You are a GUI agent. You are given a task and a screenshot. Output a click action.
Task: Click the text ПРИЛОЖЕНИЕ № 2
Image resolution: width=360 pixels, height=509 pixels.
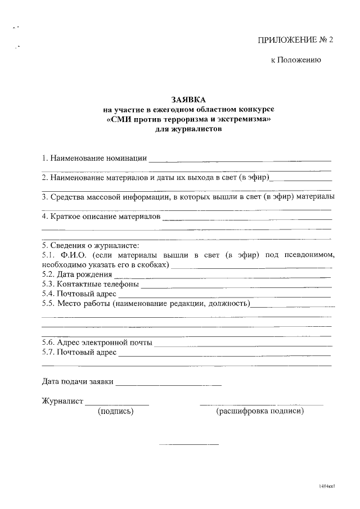(295, 40)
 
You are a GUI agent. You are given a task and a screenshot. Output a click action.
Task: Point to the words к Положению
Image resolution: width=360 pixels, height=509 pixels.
(296, 60)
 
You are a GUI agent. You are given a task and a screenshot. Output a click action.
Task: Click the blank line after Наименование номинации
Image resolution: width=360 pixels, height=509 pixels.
(240, 160)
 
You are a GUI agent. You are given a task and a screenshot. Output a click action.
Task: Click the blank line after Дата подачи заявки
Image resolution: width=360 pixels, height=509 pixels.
(169, 385)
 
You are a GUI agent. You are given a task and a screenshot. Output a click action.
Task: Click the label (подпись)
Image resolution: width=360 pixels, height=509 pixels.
(116, 412)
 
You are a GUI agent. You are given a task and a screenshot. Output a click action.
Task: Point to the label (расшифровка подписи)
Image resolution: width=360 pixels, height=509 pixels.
(260, 412)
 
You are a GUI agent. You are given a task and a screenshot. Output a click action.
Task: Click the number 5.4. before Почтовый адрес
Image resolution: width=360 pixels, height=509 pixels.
(49, 294)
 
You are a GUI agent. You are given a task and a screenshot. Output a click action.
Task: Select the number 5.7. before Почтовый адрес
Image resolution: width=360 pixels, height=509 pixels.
(49, 352)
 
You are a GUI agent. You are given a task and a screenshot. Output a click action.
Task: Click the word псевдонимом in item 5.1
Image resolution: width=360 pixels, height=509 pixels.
(309, 255)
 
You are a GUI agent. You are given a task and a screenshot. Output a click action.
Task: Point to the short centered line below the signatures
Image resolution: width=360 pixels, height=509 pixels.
(189, 445)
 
